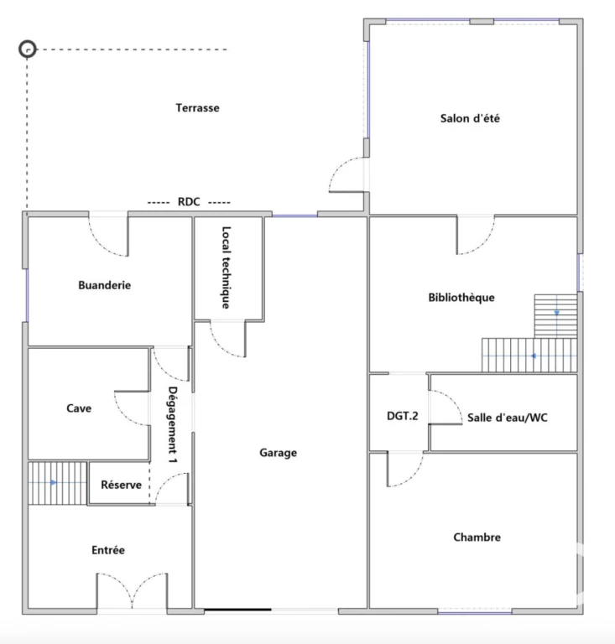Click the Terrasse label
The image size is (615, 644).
[x=198, y=107]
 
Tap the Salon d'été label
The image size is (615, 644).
[x=470, y=118]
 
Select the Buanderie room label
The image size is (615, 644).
[x=105, y=285]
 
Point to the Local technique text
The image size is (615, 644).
[x=227, y=267]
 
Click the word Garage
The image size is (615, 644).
[x=278, y=453]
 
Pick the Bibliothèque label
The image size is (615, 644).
[x=461, y=298]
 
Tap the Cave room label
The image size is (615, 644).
[x=79, y=408]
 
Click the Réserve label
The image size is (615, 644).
[x=121, y=485]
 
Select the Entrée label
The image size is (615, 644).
[x=108, y=550]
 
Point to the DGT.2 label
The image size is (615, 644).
[x=403, y=416]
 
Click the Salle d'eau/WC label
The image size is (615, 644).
[x=508, y=418]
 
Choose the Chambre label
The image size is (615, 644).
[x=477, y=538]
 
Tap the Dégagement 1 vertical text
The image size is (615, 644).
[x=173, y=425]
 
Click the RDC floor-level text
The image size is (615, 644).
[x=189, y=201]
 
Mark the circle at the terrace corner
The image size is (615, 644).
[x=28, y=49]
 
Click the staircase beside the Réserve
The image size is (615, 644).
[x=58, y=483]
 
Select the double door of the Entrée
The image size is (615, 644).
[x=133, y=590]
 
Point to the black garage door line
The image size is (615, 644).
[x=238, y=610]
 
